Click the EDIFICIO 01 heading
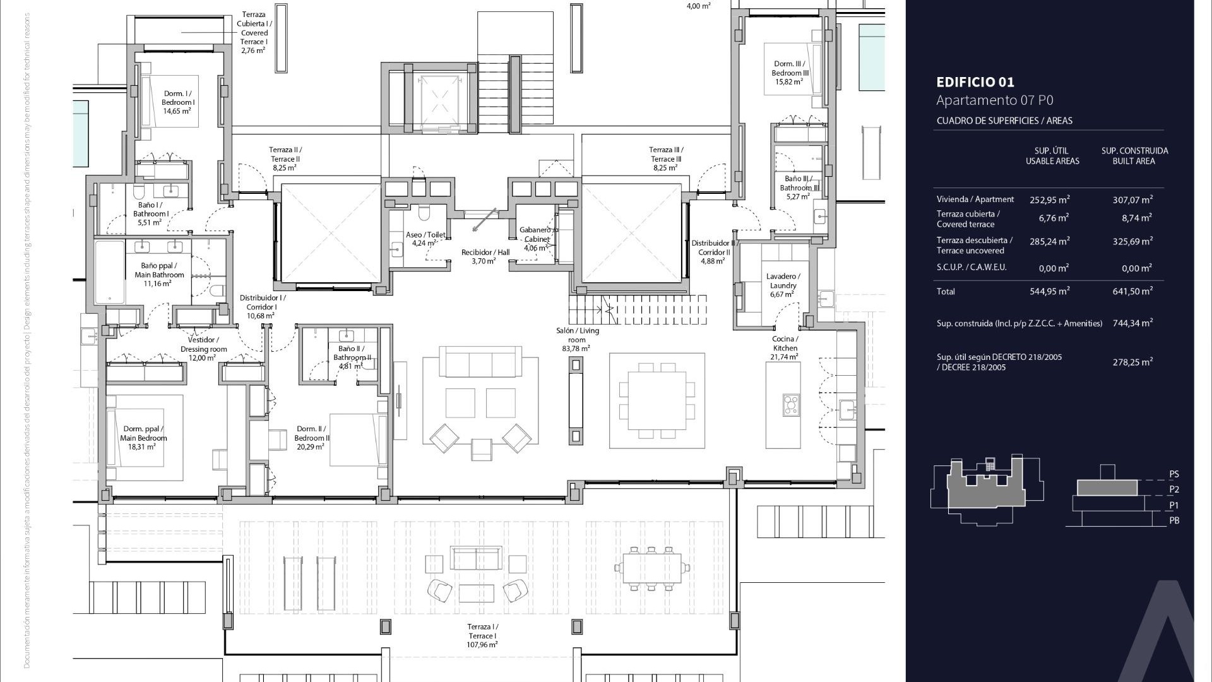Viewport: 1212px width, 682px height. pyautogui.click(x=975, y=82)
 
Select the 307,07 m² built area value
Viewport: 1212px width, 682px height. pyautogui.click(x=1132, y=200)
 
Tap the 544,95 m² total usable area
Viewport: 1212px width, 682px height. pyautogui.click(x=1049, y=292)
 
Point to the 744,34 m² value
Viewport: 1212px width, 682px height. pyautogui.click(x=1132, y=323)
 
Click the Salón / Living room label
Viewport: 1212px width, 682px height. pyautogui.click(x=577, y=339)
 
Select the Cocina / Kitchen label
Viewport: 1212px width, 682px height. pyautogui.click(x=785, y=348)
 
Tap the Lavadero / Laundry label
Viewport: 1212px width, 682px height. pyautogui.click(x=783, y=285)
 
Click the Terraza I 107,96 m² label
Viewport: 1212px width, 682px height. pyautogui.click(x=482, y=635)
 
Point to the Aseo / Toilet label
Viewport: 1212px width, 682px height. pyautogui.click(x=425, y=238)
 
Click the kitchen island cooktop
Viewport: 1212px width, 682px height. pyautogui.click(x=790, y=404)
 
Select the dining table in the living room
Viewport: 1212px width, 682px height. pyautogui.click(x=656, y=400)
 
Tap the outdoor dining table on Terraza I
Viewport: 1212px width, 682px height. pyautogui.click(x=651, y=568)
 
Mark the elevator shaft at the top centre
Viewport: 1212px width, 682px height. pyautogui.click(x=440, y=98)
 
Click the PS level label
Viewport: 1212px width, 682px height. pyautogui.click(x=1173, y=474)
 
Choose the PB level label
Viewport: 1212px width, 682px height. pyautogui.click(x=1173, y=520)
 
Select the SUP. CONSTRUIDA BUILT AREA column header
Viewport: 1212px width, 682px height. pyautogui.click(x=1134, y=156)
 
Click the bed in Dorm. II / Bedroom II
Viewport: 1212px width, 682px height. pyautogui.click(x=357, y=440)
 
